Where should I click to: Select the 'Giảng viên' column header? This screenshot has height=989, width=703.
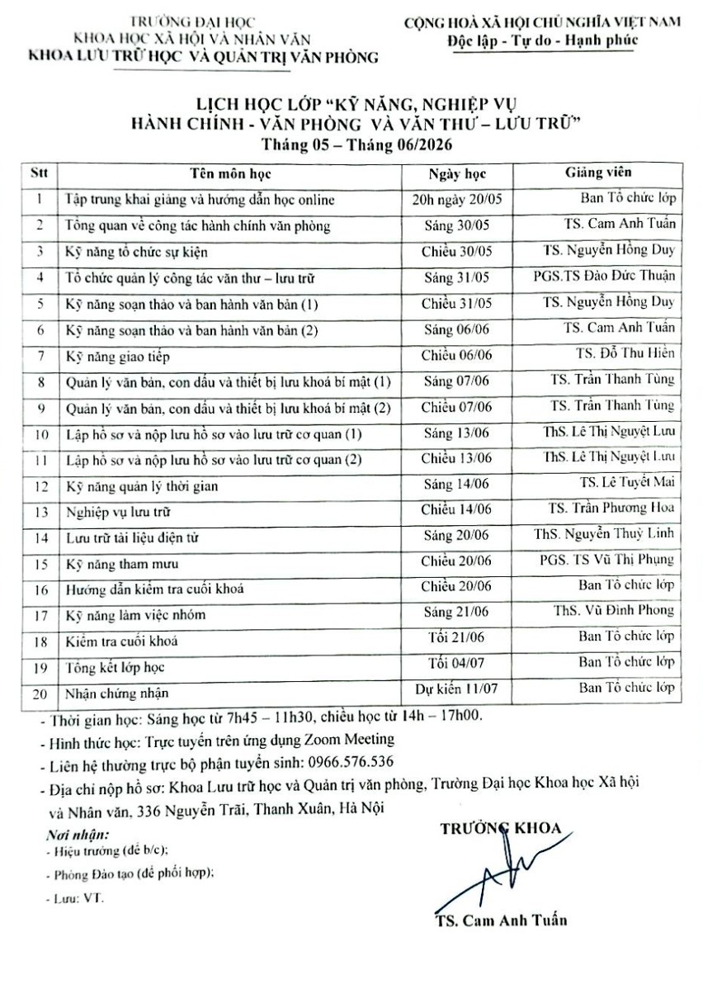[597, 173]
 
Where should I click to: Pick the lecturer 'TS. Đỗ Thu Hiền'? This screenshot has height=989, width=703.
[625, 353]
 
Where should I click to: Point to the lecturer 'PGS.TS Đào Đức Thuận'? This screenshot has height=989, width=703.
[604, 276]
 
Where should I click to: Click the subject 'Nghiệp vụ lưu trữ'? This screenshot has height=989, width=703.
[117, 512]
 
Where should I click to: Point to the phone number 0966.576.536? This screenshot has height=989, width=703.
[351, 760]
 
